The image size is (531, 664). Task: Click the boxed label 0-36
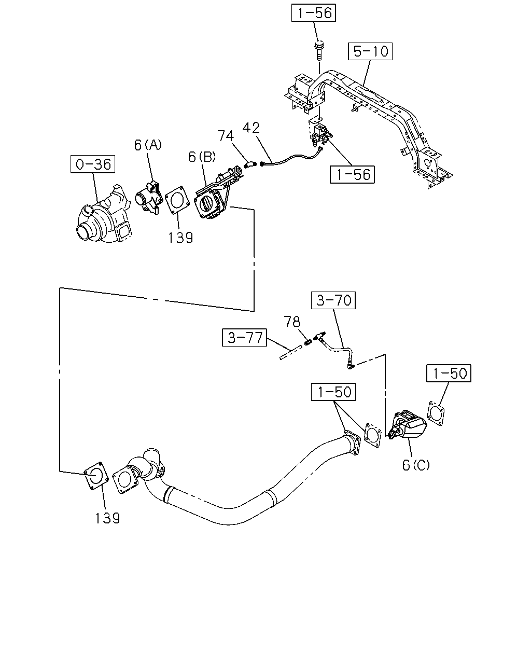pyautogui.click(x=93, y=164)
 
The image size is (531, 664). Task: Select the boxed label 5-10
pyautogui.click(x=370, y=51)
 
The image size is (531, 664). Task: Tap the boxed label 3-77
pyautogui.click(x=244, y=337)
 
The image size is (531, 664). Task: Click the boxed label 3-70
pyautogui.click(x=333, y=300)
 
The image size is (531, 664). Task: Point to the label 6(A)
pyautogui.click(x=148, y=145)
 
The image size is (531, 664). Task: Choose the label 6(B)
pyautogui.click(x=202, y=157)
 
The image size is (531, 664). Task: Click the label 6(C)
pyautogui.click(x=415, y=473)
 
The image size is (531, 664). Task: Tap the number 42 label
pyautogui.click(x=251, y=128)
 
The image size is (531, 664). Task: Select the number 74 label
pyautogui.click(x=226, y=135)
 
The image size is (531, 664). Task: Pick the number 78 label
pyautogui.click(x=292, y=322)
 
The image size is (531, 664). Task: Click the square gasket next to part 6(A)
pyautogui.click(x=177, y=200)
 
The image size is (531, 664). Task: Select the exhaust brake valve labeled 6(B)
pyautogui.click(x=217, y=195)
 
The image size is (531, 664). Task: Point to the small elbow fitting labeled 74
pyautogui.click(x=250, y=165)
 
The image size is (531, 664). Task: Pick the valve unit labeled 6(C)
pyautogui.click(x=407, y=425)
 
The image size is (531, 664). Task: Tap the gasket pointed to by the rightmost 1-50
pyautogui.click(x=436, y=413)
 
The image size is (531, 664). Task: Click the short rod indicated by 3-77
pyautogui.click(x=290, y=352)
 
